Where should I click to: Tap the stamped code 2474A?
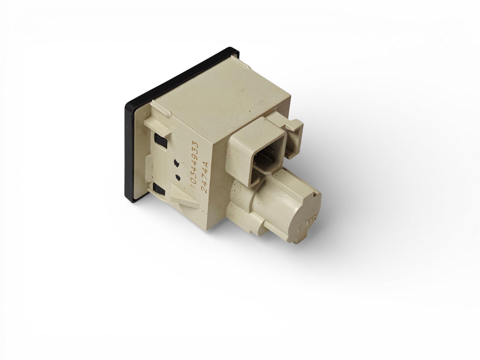[205, 177]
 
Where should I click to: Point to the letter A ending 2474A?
[206, 165]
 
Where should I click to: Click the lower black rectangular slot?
[159, 189]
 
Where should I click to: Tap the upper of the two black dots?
[176, 163]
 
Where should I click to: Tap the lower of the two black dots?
[178, 178]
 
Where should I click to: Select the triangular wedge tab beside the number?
[185, 197]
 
